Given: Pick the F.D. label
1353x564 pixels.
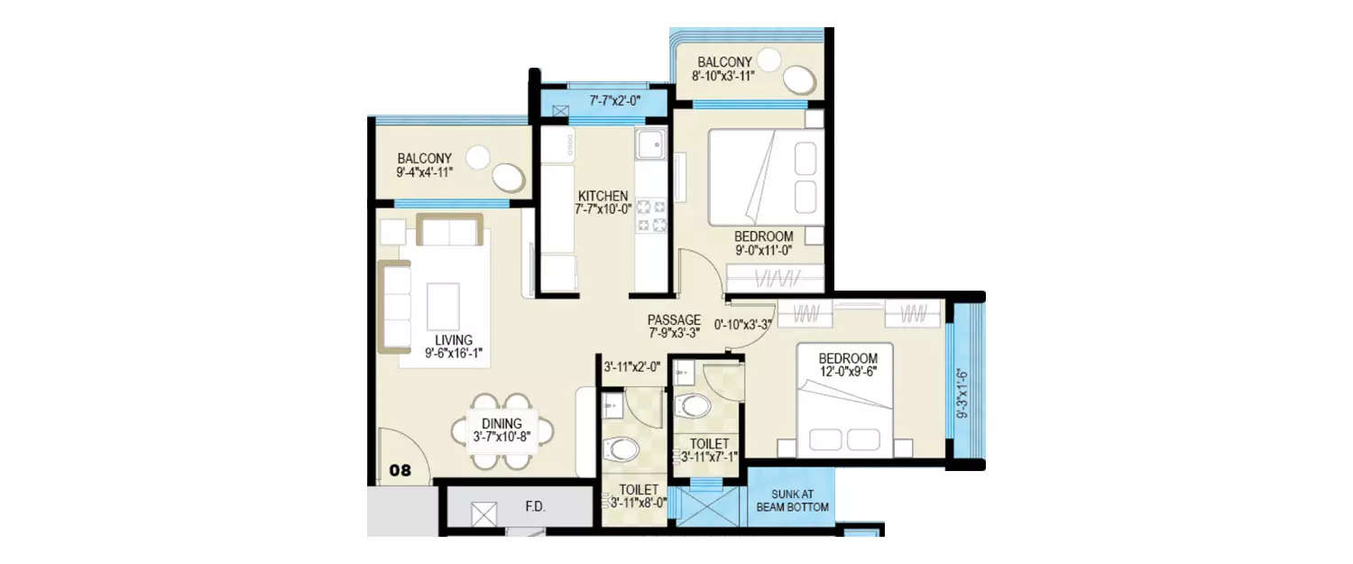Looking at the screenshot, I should click(535, 507).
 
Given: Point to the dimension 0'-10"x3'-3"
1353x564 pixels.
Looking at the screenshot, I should click(747, 325).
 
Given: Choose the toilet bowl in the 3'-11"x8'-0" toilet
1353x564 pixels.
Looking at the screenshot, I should click(621, 448).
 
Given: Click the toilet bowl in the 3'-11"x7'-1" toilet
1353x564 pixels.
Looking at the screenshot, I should click(695, 405).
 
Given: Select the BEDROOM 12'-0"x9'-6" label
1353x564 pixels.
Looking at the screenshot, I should click(848, 365).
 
